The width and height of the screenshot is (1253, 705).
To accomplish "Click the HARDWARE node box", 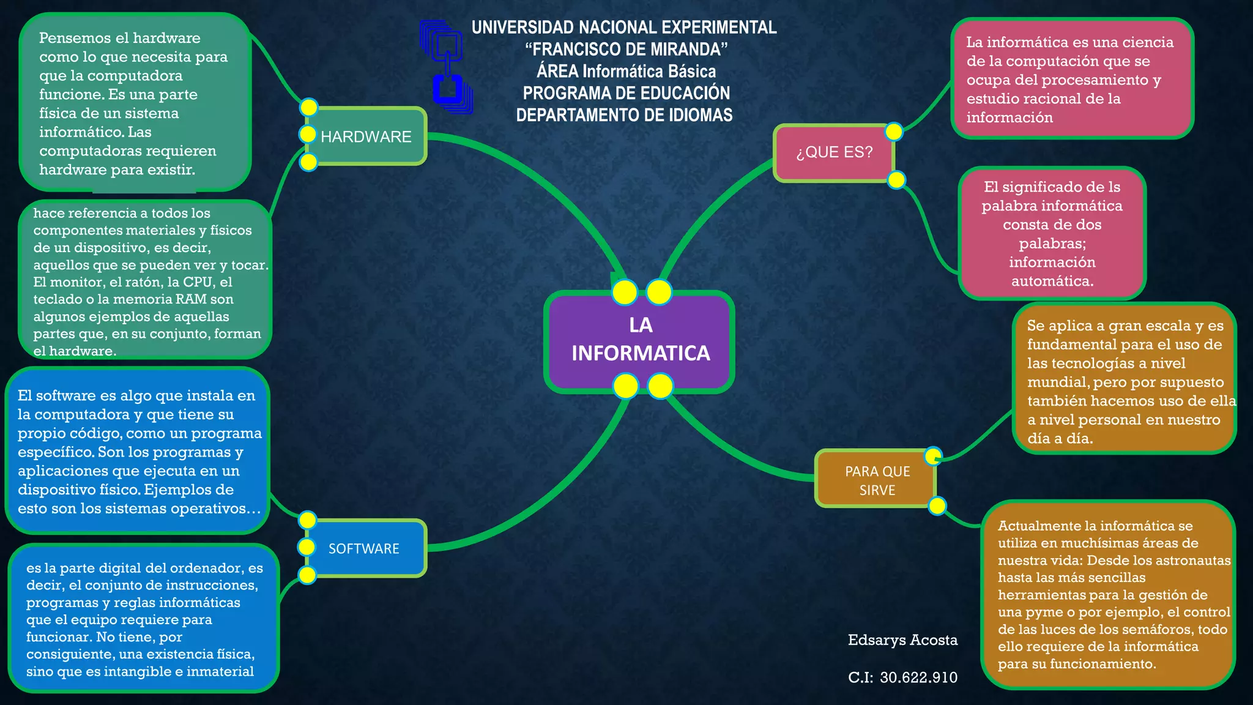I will tap(366, 136).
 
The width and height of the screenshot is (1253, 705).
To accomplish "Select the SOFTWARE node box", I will tap(365, 548).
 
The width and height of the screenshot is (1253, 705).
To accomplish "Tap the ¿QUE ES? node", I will tap(835, 152).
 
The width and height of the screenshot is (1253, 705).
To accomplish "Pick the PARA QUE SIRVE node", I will tap(877, 480).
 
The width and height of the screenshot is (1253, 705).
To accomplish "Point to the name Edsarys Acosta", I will tap(902, 640).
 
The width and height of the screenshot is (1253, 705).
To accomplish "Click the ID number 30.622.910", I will tap(918, 677).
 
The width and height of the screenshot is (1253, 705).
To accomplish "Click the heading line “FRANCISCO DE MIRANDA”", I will tap(626, 50).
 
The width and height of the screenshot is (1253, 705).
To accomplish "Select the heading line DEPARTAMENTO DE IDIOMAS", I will tap(624, 115).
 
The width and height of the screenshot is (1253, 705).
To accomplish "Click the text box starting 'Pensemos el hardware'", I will tap(135, 103).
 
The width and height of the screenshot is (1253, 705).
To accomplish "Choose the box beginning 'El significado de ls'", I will tap(1052, 234).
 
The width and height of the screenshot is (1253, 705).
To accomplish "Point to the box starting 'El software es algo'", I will tap(138, 452).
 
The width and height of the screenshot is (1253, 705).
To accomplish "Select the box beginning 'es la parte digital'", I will tap(144, 619).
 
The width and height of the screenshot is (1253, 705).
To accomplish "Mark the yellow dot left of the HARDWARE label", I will tap(307, 134).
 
